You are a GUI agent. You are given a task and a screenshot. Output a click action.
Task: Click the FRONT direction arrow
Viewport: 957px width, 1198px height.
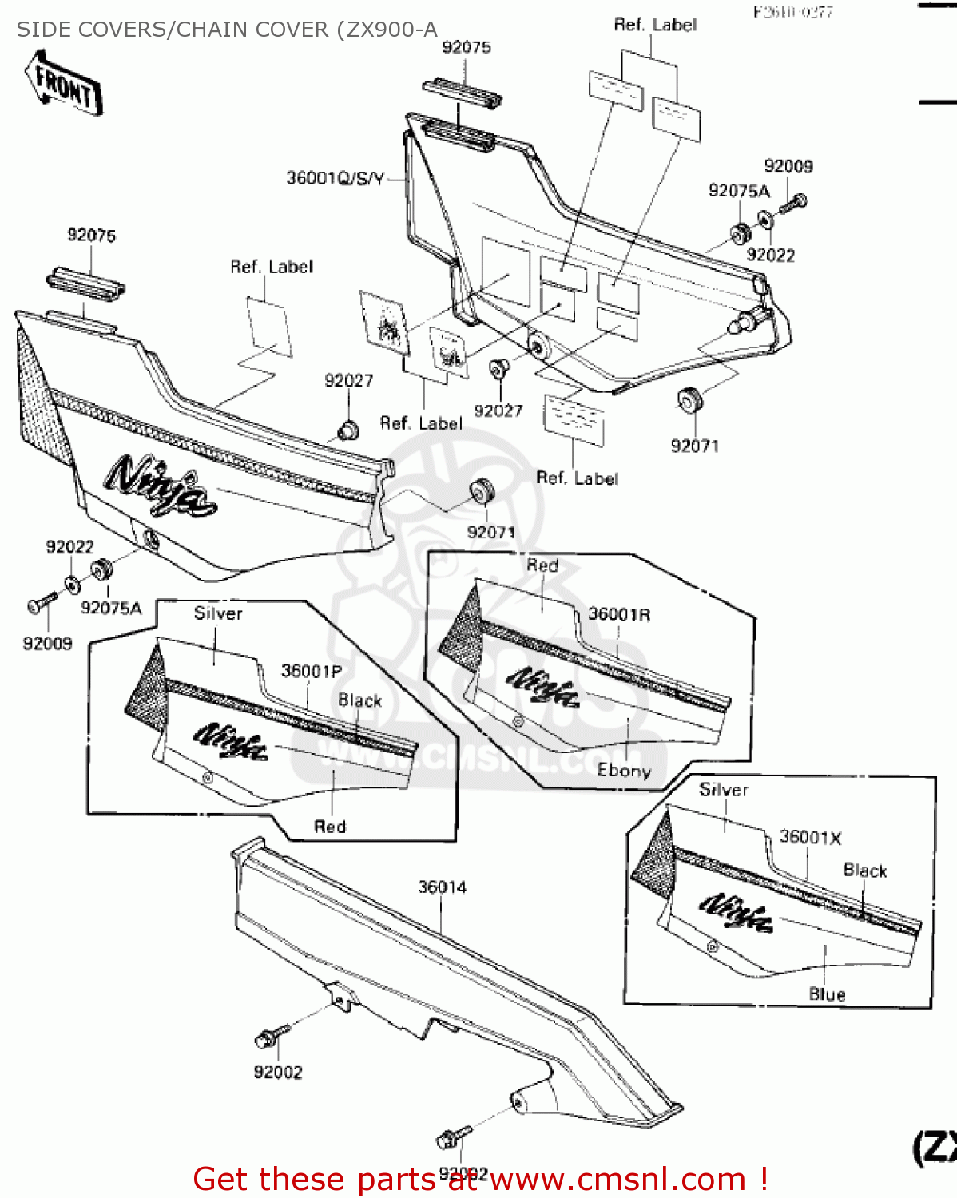(x=63, y=83)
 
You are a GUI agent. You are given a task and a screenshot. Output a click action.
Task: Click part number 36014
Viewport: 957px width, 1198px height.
(x=442, y=887)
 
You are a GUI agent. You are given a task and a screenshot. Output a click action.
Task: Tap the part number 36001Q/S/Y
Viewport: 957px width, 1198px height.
(x=336, y=178)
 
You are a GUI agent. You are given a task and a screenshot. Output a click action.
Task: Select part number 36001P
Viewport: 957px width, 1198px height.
(x=311, y=671)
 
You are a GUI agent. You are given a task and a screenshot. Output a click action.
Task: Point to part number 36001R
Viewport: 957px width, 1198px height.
(x=619, y=614)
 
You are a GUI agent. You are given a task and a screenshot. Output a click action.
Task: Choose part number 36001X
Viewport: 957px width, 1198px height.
(x=810, y=837)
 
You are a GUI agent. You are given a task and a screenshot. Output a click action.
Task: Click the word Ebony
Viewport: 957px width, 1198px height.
(x=624, y=771)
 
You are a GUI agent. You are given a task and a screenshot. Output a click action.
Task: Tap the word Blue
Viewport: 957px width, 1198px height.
(x=827, y=994)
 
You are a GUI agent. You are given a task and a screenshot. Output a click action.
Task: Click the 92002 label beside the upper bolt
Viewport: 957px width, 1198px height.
(x=278, y=1073)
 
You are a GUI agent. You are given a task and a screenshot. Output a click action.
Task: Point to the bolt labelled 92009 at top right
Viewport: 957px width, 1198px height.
(x=794, y=203)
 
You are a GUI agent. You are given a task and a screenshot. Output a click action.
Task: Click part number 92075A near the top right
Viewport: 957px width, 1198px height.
(x=739, y=190)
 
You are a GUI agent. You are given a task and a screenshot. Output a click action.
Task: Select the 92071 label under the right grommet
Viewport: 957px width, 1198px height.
(x=694, y=446)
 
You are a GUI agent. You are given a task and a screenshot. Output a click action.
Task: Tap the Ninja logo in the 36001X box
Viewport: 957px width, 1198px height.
(x=736, y=911)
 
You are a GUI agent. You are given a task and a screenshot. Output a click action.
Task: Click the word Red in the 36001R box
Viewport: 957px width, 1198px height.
(x=542, y=565)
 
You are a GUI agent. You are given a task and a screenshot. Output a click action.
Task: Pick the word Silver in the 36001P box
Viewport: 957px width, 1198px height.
(x=217, y=613)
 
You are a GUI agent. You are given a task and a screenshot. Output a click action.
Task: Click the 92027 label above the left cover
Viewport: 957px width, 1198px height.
(x=348, y=381)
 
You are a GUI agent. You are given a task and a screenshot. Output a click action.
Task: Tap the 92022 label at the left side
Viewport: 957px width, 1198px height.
(x=69, y=547)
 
